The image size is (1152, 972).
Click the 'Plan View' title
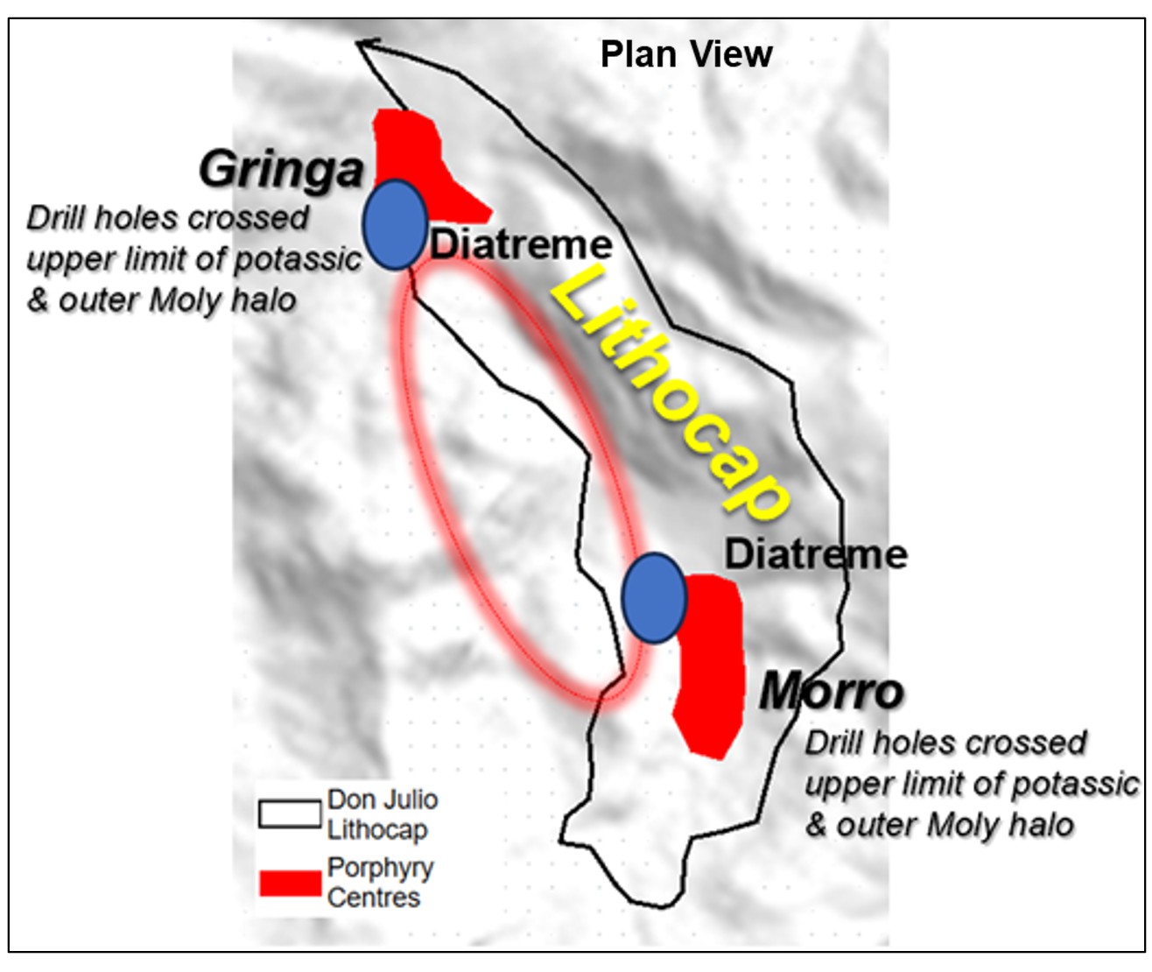686,54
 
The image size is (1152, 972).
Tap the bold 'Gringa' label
281,169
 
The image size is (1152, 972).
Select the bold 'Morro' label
831,692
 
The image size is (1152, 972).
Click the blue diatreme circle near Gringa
395,224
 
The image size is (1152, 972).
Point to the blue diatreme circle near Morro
654,598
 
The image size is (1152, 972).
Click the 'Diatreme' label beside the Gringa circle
521,244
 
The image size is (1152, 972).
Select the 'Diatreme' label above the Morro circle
816,554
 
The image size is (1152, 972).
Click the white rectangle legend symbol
290,814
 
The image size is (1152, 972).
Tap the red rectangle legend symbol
290,883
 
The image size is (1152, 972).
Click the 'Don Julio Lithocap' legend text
382,814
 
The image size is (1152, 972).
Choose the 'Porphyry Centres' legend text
380,883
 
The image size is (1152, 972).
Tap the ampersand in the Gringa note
38,300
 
